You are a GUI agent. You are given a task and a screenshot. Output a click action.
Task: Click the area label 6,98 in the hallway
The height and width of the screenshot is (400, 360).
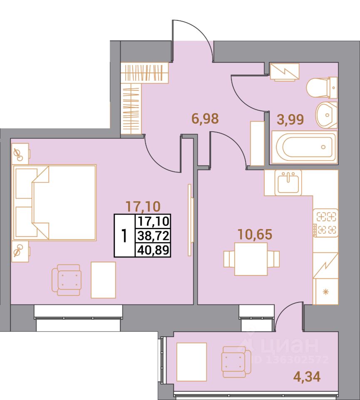(205, 119)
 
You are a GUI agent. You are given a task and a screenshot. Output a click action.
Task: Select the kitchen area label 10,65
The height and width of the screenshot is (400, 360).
(255, 234)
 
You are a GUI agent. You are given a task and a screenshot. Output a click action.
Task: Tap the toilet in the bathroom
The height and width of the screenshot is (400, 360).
(322, 87)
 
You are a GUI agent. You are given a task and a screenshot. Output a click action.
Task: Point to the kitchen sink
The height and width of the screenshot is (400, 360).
(288, 182)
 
